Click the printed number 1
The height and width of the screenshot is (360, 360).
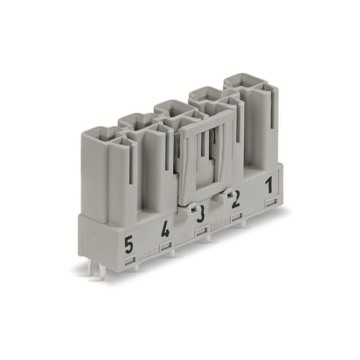click(x=269, y=184)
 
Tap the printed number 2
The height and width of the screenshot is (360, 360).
click(x=236, y=199)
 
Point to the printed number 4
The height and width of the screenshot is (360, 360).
click(x=165, y=229)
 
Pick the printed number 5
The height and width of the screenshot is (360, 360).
click(x=129, y=245)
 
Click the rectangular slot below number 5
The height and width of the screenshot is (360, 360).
click(x=129, y=260)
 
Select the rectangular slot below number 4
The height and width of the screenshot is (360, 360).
click(x=166, y=246)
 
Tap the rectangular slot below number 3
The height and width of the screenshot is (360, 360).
click(x=201, y=231)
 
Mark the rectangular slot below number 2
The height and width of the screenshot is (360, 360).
click(x=237, y=215)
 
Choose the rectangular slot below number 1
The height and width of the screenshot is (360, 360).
click(x=271, y=201)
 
